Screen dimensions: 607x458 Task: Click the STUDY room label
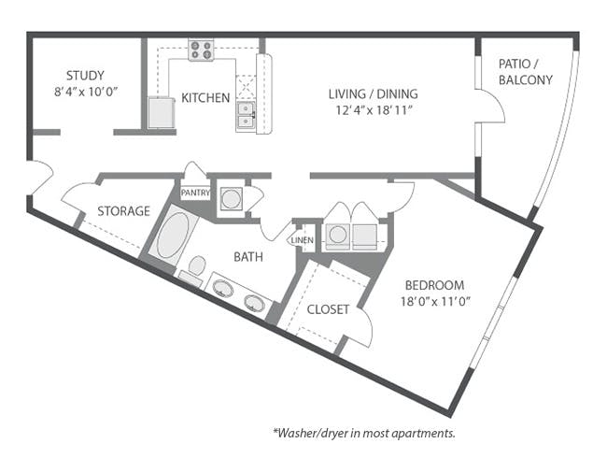coord(85,75)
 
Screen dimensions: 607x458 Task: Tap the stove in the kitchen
coord(202,50)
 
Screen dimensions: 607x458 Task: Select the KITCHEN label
coord(205,97)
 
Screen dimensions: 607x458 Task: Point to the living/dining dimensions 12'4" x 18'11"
coord(373,110)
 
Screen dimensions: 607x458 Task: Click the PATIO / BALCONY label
coord(526,72)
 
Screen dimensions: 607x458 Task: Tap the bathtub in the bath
coord(173,236)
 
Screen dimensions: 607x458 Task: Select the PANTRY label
coord(195,193)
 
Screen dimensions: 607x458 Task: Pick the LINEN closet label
coord(303,240)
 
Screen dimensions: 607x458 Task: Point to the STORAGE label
coord(123,211)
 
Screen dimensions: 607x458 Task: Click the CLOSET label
coord(328,309)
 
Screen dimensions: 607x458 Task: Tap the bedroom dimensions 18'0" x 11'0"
coord(435,302)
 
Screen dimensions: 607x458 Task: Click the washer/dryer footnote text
coord(364,433)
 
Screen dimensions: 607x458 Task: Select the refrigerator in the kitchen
coord(161,112)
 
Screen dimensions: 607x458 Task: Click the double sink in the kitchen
coord(246,115)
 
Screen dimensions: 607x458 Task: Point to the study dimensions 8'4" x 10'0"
coord(85,92)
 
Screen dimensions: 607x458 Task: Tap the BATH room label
coord(248,257)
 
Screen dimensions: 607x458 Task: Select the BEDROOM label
coord(435,285)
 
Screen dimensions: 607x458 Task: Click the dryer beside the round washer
coord(364,236)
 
